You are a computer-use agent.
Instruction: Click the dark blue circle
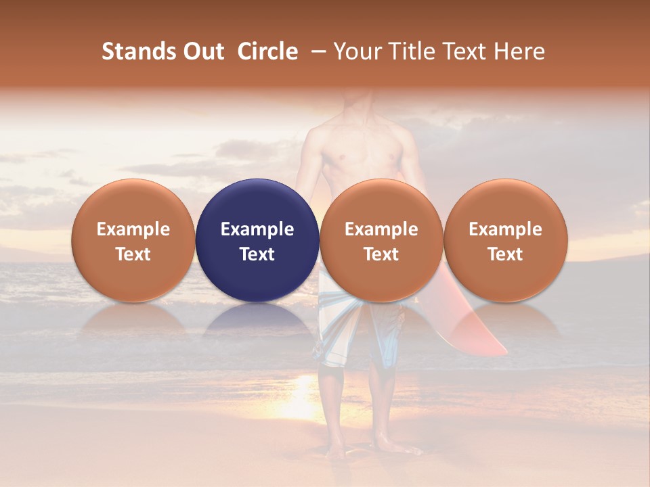pyautogui.click(x=257, y=241)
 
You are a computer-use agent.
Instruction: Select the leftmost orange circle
pyautogui.click(x=133, y=241)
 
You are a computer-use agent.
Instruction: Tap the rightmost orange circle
pyautogui.click(x=505, y=241)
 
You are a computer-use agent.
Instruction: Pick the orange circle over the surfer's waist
pyautogui.click(x=381, y=241)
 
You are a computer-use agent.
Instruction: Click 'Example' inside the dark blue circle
pyautogui.click(x=257, y=229)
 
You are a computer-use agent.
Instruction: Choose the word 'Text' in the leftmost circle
pyautogui.click(x=133, y=254)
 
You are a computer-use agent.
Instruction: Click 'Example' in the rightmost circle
pyautogui.click(x=505, y=229)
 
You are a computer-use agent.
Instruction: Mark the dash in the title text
pyautogui.click(x=316, y=51)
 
